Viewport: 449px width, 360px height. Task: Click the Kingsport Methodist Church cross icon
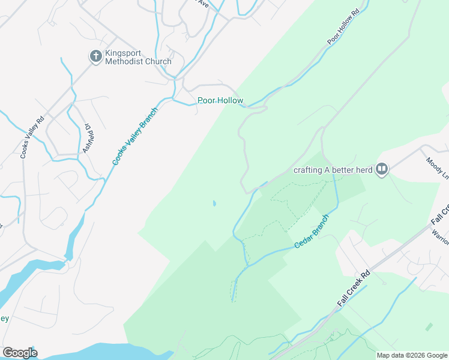click(x=95, y=56)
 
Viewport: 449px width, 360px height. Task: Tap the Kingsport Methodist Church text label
click(x=138, y=57)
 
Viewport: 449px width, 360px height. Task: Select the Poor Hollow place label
click(x=220, y=101)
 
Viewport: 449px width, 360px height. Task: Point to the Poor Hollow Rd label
click(x=343, y=26)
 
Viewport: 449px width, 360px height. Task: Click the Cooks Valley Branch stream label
click(x=135, y=137)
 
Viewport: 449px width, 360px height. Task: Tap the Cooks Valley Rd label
click(x=32, y=137)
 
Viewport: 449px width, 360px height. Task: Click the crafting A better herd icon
click(x=381, y=169)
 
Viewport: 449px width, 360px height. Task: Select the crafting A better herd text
click(x=333, y=170)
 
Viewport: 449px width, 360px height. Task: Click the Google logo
click(x=20, y=352)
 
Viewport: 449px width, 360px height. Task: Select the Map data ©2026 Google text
click(x=412, y=355)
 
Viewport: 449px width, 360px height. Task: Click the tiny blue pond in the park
click(x=214, y=204)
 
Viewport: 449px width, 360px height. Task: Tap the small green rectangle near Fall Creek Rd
click(x=429, y=327)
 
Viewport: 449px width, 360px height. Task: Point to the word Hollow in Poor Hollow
click(x=231, y=101)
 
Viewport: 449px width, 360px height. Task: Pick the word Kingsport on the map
click(x=124, y=53)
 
